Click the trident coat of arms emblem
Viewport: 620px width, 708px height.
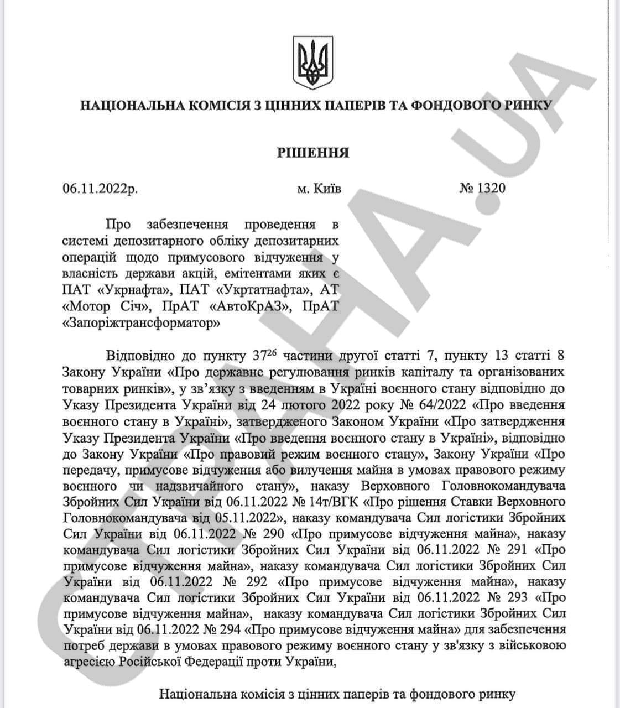312,63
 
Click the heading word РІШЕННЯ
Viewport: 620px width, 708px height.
313,152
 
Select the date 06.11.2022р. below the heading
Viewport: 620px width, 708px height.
101,189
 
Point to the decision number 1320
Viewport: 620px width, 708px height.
491,189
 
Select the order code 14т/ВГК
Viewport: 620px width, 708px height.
334,502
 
